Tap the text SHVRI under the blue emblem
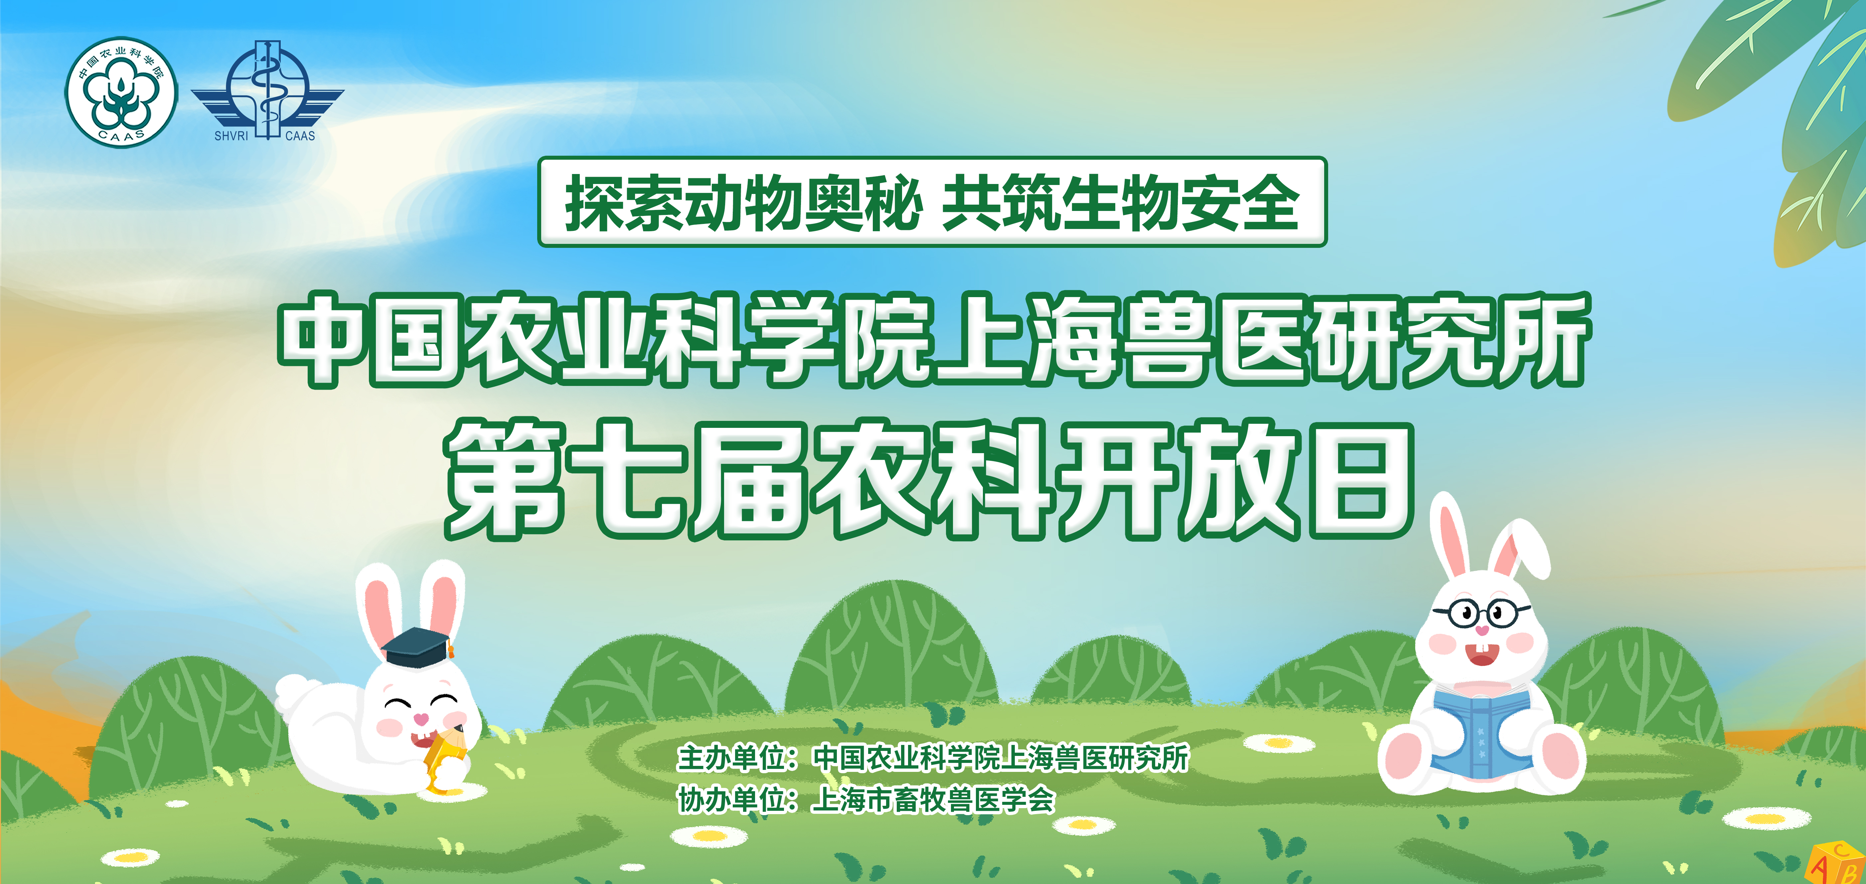(x=231, y=135)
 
